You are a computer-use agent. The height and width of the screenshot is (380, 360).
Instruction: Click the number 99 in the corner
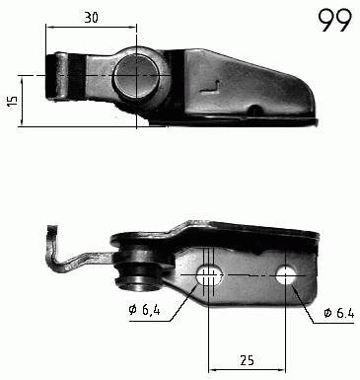[x=334, y=20]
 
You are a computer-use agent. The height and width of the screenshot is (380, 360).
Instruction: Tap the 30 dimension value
[x=91, y=18]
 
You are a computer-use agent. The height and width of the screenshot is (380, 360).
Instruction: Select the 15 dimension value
[x=12, y=102]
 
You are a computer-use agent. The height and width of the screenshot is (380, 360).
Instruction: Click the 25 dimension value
[x=247, y=360]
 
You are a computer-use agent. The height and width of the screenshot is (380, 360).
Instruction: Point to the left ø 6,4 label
[x=145, y=309]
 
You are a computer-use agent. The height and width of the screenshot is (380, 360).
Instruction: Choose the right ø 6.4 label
[x=339, y=313]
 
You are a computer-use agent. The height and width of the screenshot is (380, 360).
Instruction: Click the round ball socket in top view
[x=136, y=76]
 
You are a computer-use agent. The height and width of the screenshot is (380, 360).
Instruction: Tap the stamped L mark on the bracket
[x=210, y=88]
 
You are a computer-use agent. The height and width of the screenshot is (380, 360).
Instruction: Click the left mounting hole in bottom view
[x=209, y=275]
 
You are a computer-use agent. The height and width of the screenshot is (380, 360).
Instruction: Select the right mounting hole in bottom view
[x=286, y=274]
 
